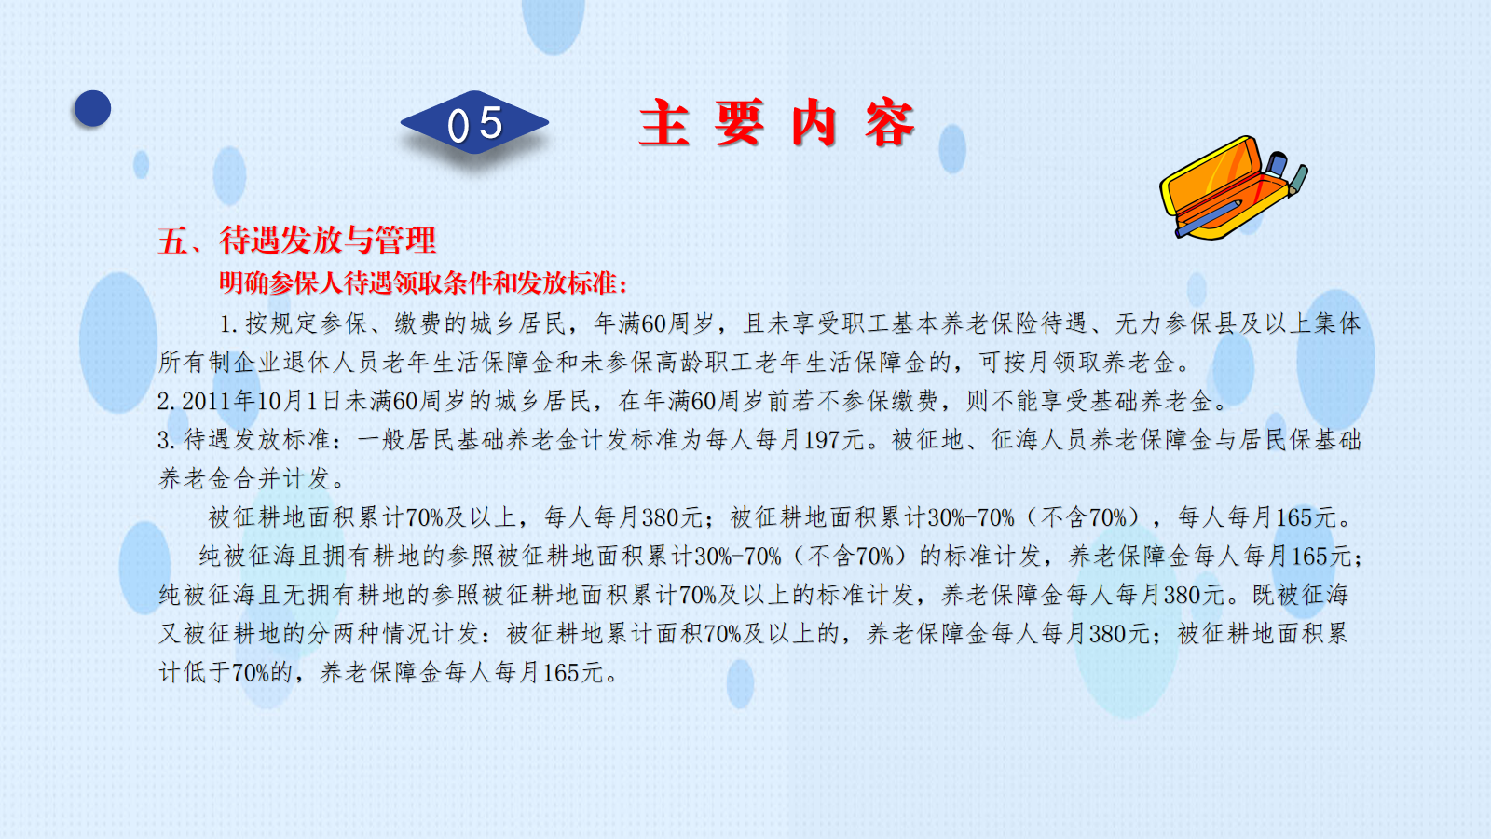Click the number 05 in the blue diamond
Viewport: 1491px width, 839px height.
click(474, 125)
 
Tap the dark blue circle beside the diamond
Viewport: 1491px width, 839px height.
click(92, 108)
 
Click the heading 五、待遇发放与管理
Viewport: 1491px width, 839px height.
click(297, 241)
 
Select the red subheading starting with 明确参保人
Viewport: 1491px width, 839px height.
click(423, 283)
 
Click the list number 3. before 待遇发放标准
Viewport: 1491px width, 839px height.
click(166, 440)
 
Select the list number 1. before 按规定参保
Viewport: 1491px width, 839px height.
click(229, 324)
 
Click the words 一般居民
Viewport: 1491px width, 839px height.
click(405, 440)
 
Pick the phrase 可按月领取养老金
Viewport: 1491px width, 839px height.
click(1077, 363)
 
